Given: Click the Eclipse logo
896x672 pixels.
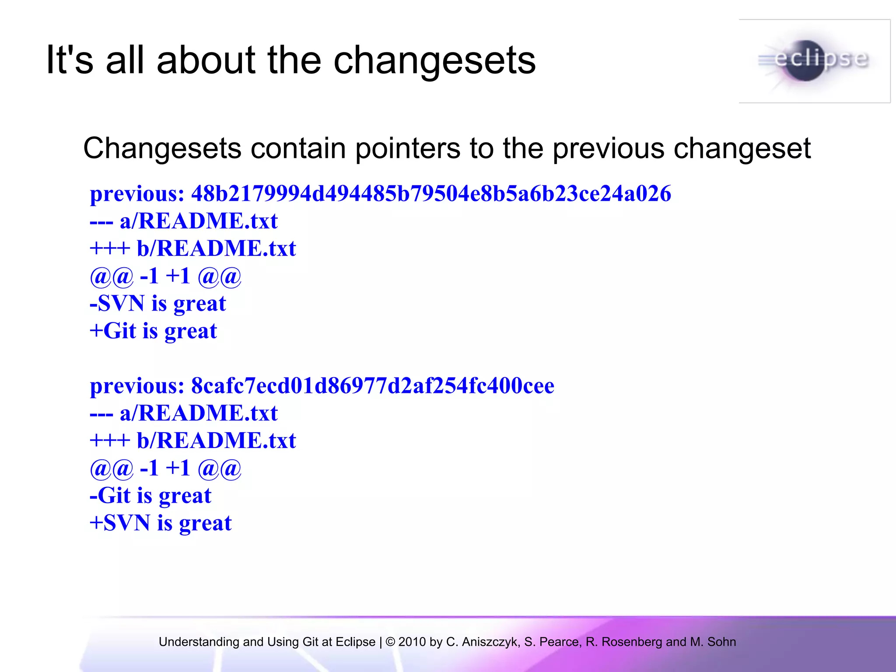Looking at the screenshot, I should tap(815, 61).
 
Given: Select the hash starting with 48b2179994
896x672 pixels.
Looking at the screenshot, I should tap(431, 193).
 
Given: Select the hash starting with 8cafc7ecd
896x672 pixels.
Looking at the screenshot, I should tap(372, 385).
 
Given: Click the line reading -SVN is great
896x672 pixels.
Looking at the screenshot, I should tap(157, 303).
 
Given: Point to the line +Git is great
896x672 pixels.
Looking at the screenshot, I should tap(153, 331).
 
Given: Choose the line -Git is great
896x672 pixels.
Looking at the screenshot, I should tap(150, 495).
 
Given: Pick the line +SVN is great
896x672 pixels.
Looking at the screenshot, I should tap(160, 523).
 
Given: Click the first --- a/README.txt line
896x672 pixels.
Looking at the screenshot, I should tap(184, 220).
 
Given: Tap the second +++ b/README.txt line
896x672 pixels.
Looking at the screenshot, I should tap(193, 440).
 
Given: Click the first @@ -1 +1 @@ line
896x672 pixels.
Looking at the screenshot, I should tap(165, 276).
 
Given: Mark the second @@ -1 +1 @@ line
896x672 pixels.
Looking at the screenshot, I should tap(165, 468).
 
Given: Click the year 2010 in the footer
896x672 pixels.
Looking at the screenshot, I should tap(412, 642).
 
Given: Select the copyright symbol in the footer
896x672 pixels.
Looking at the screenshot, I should tap(391, 642).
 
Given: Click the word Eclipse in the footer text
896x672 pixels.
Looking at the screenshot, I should tap(355, 642).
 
